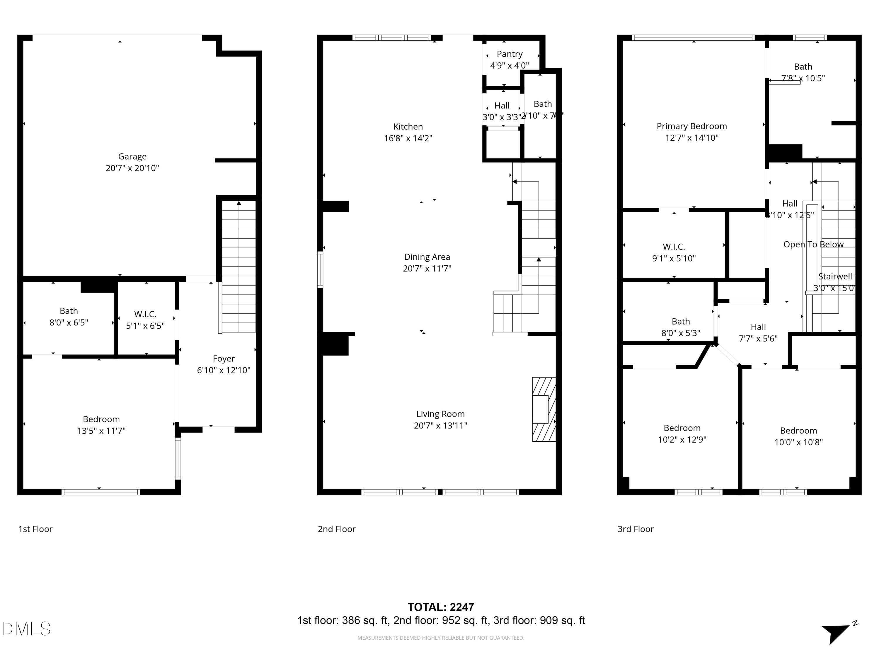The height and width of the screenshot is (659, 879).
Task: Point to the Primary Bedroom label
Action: pos(691,126)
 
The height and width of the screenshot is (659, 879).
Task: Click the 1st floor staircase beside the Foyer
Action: pos(239,266)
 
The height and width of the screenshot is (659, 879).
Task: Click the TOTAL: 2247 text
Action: pos(440,607)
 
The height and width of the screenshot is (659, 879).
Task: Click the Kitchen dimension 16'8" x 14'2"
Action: pos(408,138)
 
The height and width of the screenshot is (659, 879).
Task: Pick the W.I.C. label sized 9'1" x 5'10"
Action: pos(674,247)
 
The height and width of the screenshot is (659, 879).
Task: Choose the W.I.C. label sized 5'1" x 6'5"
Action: pos(145,314)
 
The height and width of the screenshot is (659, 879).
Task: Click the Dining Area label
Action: pos(427,257)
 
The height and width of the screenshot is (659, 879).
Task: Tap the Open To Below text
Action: pos(813,244)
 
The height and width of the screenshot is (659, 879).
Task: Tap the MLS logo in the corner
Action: pos(26,629)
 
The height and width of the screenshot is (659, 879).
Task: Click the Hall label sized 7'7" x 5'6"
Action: pos(758,327)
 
